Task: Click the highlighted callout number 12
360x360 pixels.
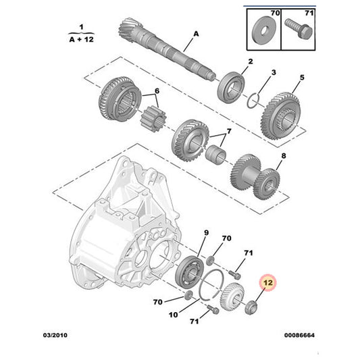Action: tap(268, 284)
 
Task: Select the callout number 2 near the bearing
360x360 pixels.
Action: tap(249, 62)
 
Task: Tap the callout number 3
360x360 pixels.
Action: tap(274, 72)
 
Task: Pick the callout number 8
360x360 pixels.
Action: tap(283, 156)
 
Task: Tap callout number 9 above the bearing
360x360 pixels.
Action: tap(207, 232)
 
